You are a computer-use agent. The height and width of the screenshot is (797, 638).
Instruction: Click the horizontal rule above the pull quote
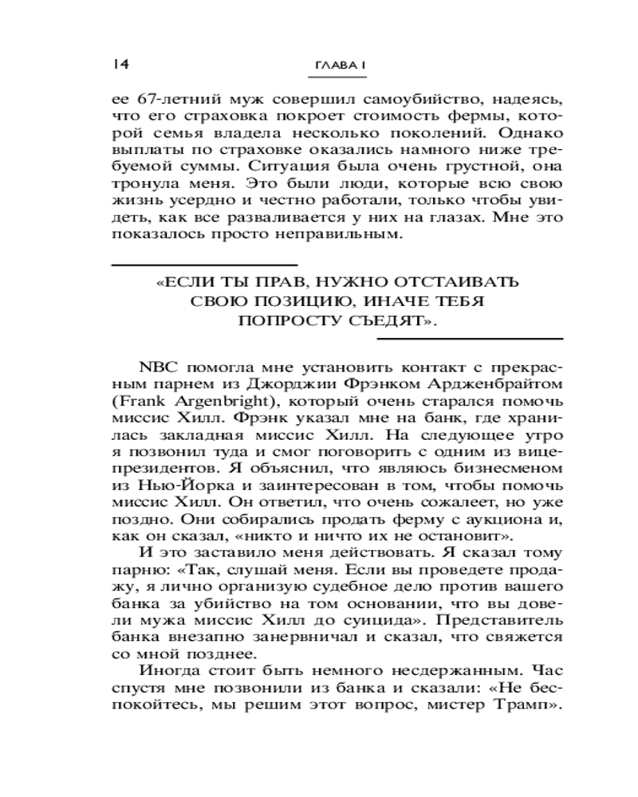click(x=203, y=263)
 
